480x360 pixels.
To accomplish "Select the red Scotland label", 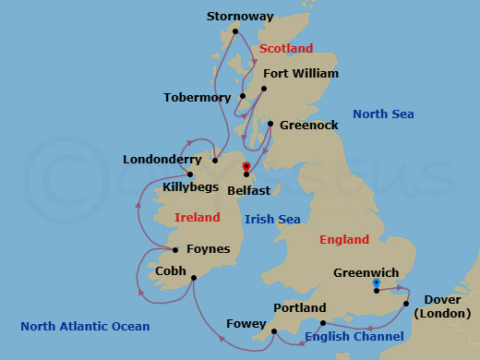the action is point(286,48).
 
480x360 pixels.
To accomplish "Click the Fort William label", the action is point(301,73).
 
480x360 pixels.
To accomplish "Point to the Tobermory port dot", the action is point(242,96).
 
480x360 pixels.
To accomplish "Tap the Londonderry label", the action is point(162,160).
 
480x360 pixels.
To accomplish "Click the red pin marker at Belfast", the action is point(246,168).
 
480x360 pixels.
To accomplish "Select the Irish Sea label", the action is point(272,219).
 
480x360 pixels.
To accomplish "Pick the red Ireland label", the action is point(198,217).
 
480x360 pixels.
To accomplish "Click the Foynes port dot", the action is point(174,249).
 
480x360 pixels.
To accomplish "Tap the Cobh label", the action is point(170,271).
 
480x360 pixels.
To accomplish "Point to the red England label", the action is point(343,240).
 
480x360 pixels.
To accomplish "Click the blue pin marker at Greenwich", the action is point(377,284).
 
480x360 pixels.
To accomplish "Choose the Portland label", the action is point(300,307).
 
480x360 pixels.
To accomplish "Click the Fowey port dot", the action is point(273,330).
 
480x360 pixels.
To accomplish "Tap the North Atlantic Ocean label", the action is point(85,326).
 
